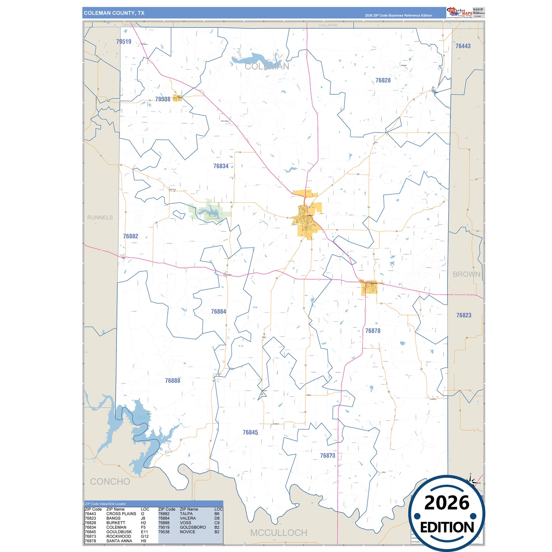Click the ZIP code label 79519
[123, 42]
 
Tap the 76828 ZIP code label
[383, 80]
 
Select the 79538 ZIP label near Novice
[163, 99]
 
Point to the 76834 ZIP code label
[221, 166]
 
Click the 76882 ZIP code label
[130, 236]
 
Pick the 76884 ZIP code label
[219, 312]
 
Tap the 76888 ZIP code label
[172, 381]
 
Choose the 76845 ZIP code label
[250, 432]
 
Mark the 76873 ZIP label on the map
[327, 456]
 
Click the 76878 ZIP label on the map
[372, 331]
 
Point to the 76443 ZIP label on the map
[463, 46]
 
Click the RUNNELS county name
[100, 218]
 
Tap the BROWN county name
[466, 274]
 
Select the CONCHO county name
[110, 482]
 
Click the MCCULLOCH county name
[278, 533]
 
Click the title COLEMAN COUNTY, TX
[114, 13]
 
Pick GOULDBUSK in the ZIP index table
[119, 532]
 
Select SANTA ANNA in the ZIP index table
[119, 541]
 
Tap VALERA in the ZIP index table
[188, 518]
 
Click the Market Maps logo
[460, 13]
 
